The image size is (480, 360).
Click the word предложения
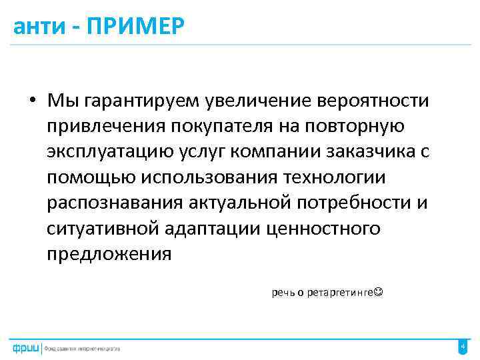point(109,254)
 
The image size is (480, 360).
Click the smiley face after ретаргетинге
point(379,293)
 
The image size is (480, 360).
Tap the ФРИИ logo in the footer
point(25,348)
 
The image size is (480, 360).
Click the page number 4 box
point(463,347)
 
